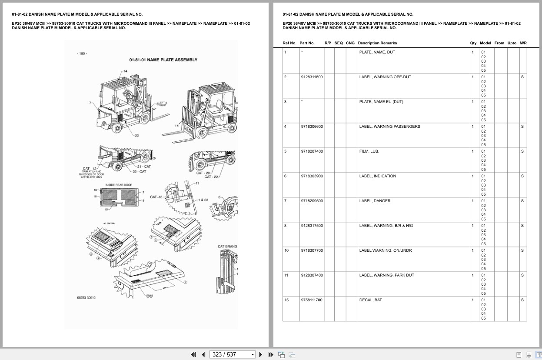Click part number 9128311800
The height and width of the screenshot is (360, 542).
311,77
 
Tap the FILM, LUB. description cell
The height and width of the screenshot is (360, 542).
369,151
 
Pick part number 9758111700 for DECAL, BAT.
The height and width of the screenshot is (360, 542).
311,300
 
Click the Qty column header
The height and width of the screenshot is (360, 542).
473,43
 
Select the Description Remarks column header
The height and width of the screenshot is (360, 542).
377,43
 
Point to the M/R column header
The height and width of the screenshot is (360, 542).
523,43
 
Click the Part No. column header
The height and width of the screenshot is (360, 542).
307,43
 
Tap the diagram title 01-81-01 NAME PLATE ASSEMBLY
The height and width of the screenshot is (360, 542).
163,60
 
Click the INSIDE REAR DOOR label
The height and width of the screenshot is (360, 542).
119,185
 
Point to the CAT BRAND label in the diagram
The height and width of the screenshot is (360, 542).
227,247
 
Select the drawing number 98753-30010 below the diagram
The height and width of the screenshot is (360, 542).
86,298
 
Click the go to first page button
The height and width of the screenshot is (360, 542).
193,354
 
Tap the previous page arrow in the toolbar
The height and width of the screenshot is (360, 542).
203,354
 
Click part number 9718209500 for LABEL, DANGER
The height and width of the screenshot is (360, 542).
311,201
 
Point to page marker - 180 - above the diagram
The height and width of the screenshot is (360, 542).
82,53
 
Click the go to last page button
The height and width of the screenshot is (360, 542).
271,354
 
